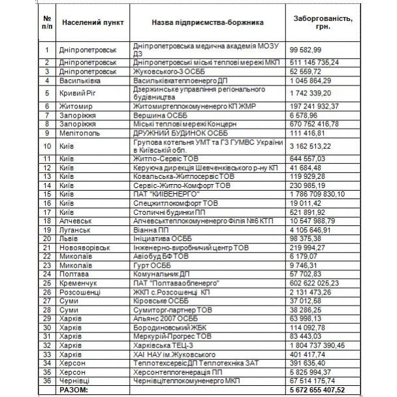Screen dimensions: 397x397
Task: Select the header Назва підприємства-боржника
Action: click(x=207, y=23)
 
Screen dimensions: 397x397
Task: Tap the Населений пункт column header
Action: click(x=89, y=23)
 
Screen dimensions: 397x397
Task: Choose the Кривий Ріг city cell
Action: click(x=79, y=92)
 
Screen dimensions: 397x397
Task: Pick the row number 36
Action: click(x=46, y=381)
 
